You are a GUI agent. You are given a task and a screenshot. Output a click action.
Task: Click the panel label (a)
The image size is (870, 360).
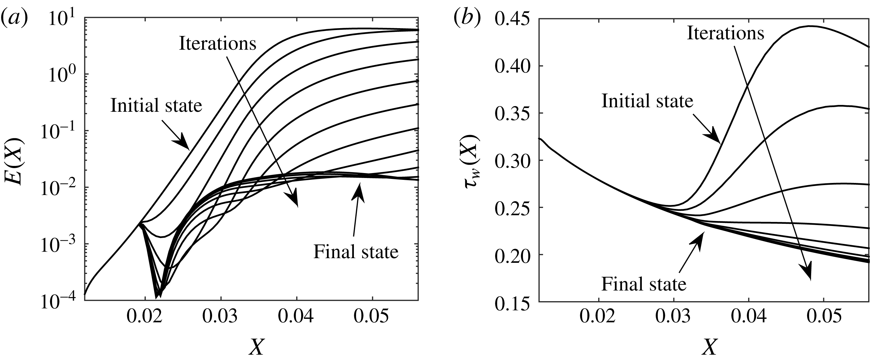coord(14,19)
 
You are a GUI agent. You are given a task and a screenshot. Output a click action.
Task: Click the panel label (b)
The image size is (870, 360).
coord(467,19)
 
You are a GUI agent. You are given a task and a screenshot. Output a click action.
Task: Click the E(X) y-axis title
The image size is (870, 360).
coord(14,161)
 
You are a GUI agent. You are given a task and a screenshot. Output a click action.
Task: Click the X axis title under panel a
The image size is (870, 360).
coord(256,346)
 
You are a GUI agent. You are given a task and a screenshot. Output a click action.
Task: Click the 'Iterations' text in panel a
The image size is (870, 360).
coord(217,44)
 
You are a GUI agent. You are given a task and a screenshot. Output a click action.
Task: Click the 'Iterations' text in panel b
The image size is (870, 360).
coord(725,33)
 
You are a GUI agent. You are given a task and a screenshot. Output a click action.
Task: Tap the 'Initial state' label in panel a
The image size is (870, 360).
coord(156,105)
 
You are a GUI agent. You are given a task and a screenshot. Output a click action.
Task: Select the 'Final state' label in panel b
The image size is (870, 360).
coord(644,284)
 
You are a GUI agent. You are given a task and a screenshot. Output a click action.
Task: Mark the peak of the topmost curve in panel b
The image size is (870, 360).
coord(810,26)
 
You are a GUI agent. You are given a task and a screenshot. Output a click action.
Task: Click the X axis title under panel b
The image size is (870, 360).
coord(709,346)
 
